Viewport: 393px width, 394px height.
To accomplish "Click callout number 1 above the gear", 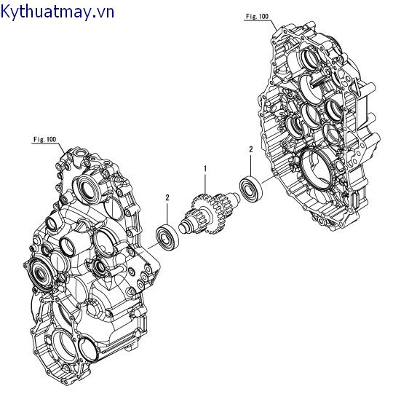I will pos(206,168).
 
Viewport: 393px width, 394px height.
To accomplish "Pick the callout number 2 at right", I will pos(250,149).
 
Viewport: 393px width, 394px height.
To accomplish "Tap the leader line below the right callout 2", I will pos(251,164).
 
